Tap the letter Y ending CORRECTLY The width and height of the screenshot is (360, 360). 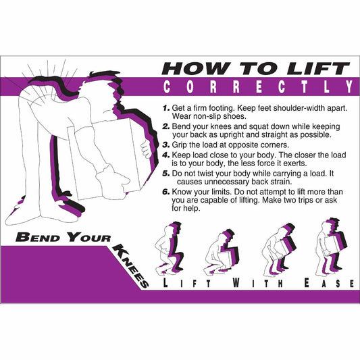348,87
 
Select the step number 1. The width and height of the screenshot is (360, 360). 165,108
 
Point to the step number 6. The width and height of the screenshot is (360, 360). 166,192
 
